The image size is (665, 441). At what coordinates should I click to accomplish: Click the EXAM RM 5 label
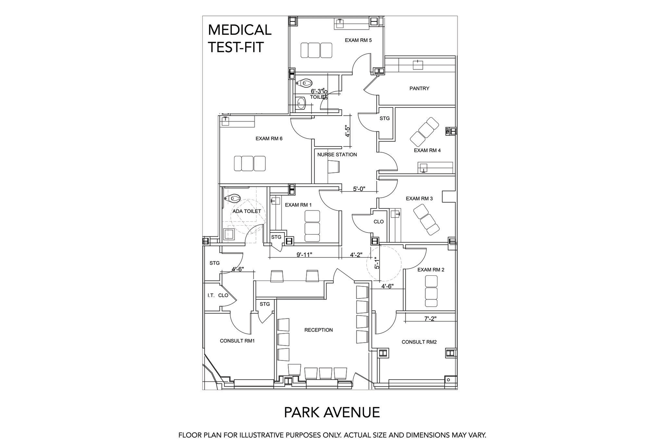pos(358,40)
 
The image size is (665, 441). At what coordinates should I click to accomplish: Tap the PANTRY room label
pos(419,88)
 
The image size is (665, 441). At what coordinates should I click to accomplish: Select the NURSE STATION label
pos(337,155)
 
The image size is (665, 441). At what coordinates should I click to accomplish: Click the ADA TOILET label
pos(247,211)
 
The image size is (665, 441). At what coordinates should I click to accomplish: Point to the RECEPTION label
pos(319,330)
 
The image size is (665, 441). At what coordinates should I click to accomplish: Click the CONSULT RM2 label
pos(419,342)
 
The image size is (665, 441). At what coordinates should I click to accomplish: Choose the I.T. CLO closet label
pos(218,296)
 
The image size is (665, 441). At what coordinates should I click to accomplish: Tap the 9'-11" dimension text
pos(304,255)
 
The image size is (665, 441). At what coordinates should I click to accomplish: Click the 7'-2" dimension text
pos(430,319)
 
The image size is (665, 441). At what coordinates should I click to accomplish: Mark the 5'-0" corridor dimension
pos(359,189)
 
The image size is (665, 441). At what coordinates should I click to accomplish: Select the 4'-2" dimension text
pos(356,255)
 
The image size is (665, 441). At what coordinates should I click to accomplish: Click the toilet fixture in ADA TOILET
pos(233,198)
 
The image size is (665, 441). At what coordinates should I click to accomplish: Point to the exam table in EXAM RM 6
pos(250,163)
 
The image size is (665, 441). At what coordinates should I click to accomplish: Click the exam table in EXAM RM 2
pos(431,291)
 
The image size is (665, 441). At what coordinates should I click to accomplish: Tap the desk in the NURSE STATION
pos(334,167)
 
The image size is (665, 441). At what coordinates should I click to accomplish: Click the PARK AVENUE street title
pos(332,412)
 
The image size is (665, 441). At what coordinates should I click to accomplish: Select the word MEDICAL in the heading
pos(240,30)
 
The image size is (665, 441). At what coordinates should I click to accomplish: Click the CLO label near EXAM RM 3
pos(379,222)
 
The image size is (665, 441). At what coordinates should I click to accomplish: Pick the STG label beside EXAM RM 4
pos(384,119)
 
